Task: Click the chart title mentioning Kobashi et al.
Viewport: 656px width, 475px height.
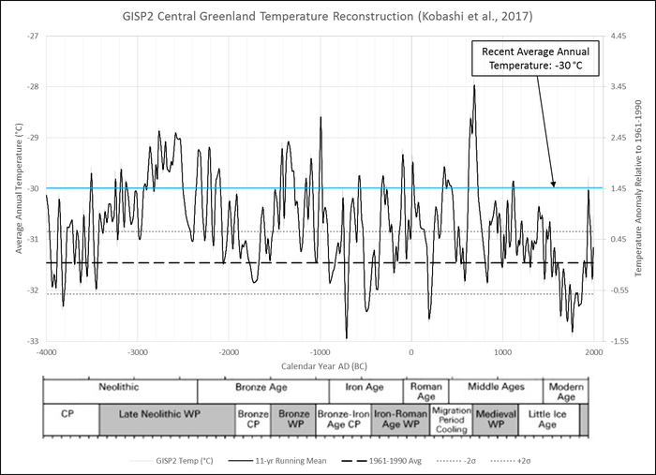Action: (x=328, y=17)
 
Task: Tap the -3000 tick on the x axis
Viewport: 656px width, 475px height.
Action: (x=137, y=352)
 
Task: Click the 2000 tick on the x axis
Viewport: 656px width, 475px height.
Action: (x=593, y=352)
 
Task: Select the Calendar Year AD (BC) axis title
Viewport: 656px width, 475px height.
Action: (x=320, y=364)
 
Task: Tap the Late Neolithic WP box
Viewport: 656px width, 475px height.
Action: (x=166, y=420)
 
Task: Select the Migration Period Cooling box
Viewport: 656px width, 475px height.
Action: (x=452, y=420)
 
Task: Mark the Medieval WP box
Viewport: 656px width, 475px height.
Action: (x=490, y=420)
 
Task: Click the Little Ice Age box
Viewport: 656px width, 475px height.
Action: (x=543, y=420)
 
